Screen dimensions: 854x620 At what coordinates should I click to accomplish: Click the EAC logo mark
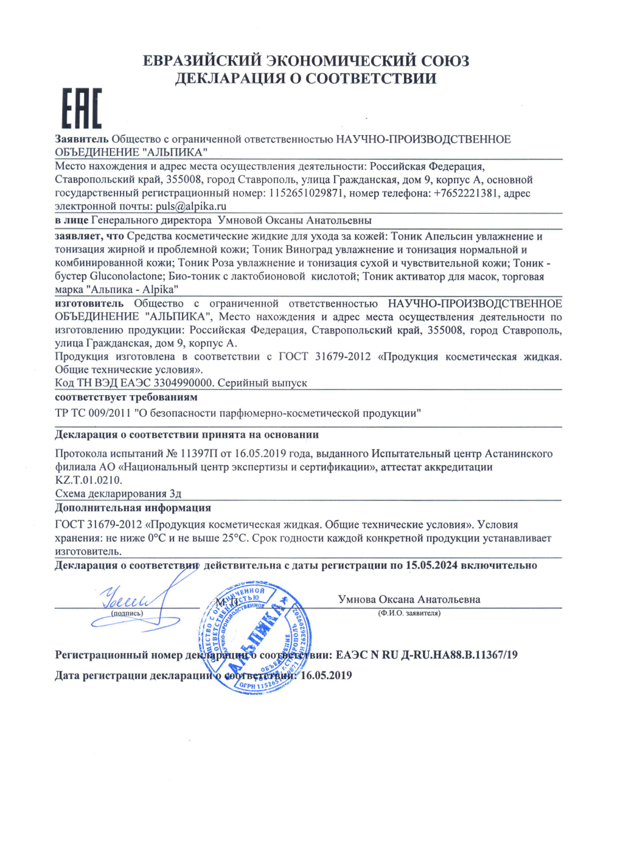[82, 108]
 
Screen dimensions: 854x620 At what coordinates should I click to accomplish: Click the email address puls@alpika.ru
[191, 206]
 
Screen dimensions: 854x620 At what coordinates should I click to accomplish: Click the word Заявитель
[82, 139]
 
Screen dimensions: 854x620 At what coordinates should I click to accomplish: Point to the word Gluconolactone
[126, 276]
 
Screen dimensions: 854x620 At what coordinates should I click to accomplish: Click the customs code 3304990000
[183, 383]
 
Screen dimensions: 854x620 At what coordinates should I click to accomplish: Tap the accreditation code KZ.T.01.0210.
[88, 480]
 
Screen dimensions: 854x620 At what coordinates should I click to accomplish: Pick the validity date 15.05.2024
[431, 565]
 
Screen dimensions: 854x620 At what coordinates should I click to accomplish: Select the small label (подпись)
[127, 614]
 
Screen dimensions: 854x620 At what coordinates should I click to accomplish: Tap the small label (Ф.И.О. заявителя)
[409, 614]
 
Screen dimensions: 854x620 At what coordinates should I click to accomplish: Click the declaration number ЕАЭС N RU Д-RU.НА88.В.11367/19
[427, 655]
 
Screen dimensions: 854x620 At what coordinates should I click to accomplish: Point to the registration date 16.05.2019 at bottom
[326, 675]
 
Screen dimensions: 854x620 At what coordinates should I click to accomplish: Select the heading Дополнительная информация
[133, 508]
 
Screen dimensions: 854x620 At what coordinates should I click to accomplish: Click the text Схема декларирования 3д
[118, 494]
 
